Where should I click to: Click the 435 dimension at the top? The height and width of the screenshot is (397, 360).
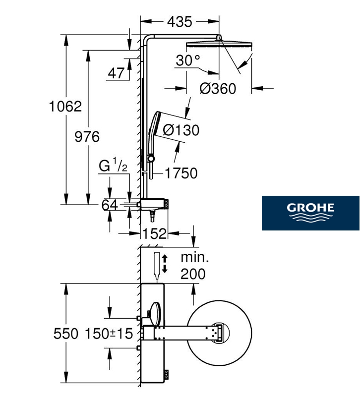pos(180,22)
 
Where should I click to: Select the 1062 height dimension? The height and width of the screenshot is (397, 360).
pos(65,107)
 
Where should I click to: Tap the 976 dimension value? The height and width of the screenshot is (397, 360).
pos(87,137)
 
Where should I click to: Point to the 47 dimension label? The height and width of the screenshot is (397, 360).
pos(117,73)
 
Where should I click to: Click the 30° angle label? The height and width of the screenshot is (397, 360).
pos(188,60)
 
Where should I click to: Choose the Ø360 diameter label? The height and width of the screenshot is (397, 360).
pos(218,89)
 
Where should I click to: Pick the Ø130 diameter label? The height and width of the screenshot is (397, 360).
pos(181,130)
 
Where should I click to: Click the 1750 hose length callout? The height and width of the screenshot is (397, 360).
pos(181,173)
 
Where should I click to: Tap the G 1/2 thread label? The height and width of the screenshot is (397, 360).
pos(113,165)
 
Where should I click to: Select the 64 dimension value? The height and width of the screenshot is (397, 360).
pos(110,205)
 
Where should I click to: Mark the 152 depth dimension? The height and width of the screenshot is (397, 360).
pos(155,233)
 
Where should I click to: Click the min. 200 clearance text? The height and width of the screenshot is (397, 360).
pos(194,266)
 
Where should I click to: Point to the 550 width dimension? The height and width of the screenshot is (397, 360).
pos(66,334)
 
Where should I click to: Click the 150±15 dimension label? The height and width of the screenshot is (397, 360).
pos(109,334)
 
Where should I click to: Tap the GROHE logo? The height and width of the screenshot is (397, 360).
pos(310,213)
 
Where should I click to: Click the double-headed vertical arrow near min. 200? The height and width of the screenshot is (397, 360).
pos(165,264)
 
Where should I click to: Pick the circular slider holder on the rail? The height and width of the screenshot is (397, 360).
pos(151,159)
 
